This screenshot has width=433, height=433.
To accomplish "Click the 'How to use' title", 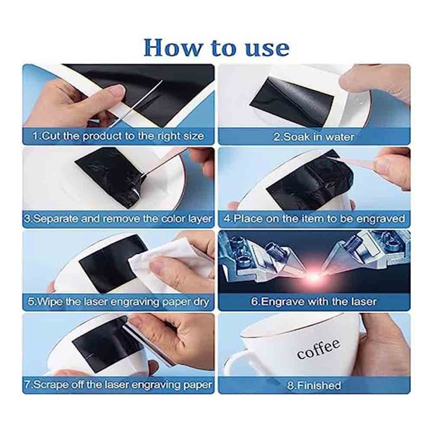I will [216, 47].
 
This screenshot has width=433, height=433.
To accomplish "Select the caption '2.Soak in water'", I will [314, 136].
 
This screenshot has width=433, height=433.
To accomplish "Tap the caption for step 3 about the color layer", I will [119, 219].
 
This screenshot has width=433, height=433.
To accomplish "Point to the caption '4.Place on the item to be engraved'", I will [314, 219].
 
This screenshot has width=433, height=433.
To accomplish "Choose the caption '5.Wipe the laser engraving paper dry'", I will [119, 302].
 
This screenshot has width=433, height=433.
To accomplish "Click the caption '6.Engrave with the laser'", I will [314, 302].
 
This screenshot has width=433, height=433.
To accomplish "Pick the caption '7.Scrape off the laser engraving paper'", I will [119, 385].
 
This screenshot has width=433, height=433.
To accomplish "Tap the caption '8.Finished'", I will [314, 385].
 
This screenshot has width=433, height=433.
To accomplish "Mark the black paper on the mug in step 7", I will [97, 344].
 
